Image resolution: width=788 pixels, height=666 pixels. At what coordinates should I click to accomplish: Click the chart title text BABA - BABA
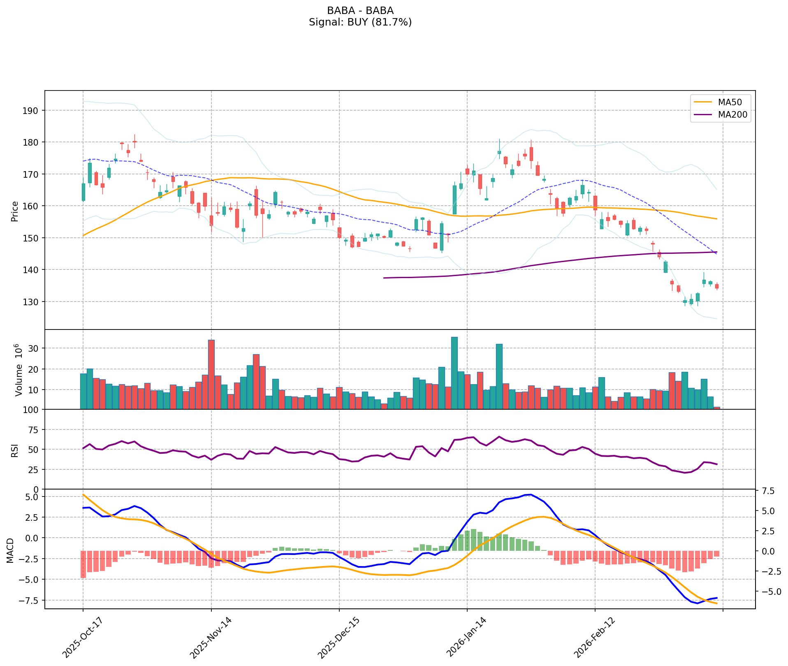click(360, 11)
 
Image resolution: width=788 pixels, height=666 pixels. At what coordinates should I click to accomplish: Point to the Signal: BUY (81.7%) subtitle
click(360, 22)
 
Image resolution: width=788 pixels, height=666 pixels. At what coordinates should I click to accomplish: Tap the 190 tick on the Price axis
click(33, 111)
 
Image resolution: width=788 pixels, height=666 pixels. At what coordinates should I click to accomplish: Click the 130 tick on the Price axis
click(33, 302)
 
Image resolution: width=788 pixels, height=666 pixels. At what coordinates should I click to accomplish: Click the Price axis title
click(15, 211)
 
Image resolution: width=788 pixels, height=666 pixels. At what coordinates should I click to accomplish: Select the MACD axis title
click(11, 550)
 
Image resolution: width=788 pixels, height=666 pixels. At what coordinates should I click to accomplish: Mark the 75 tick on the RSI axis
click(33, 430)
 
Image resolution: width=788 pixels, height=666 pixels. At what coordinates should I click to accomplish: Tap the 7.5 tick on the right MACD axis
click(768, 491)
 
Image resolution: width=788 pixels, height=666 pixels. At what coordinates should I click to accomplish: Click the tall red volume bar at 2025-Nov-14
click(211, 374)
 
